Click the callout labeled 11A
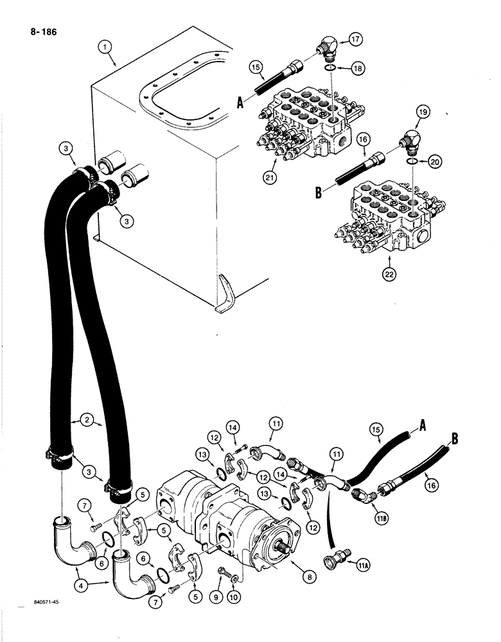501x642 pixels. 357,560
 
